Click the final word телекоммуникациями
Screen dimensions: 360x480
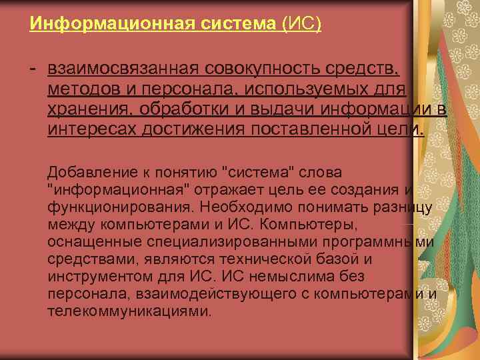(129, 311)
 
